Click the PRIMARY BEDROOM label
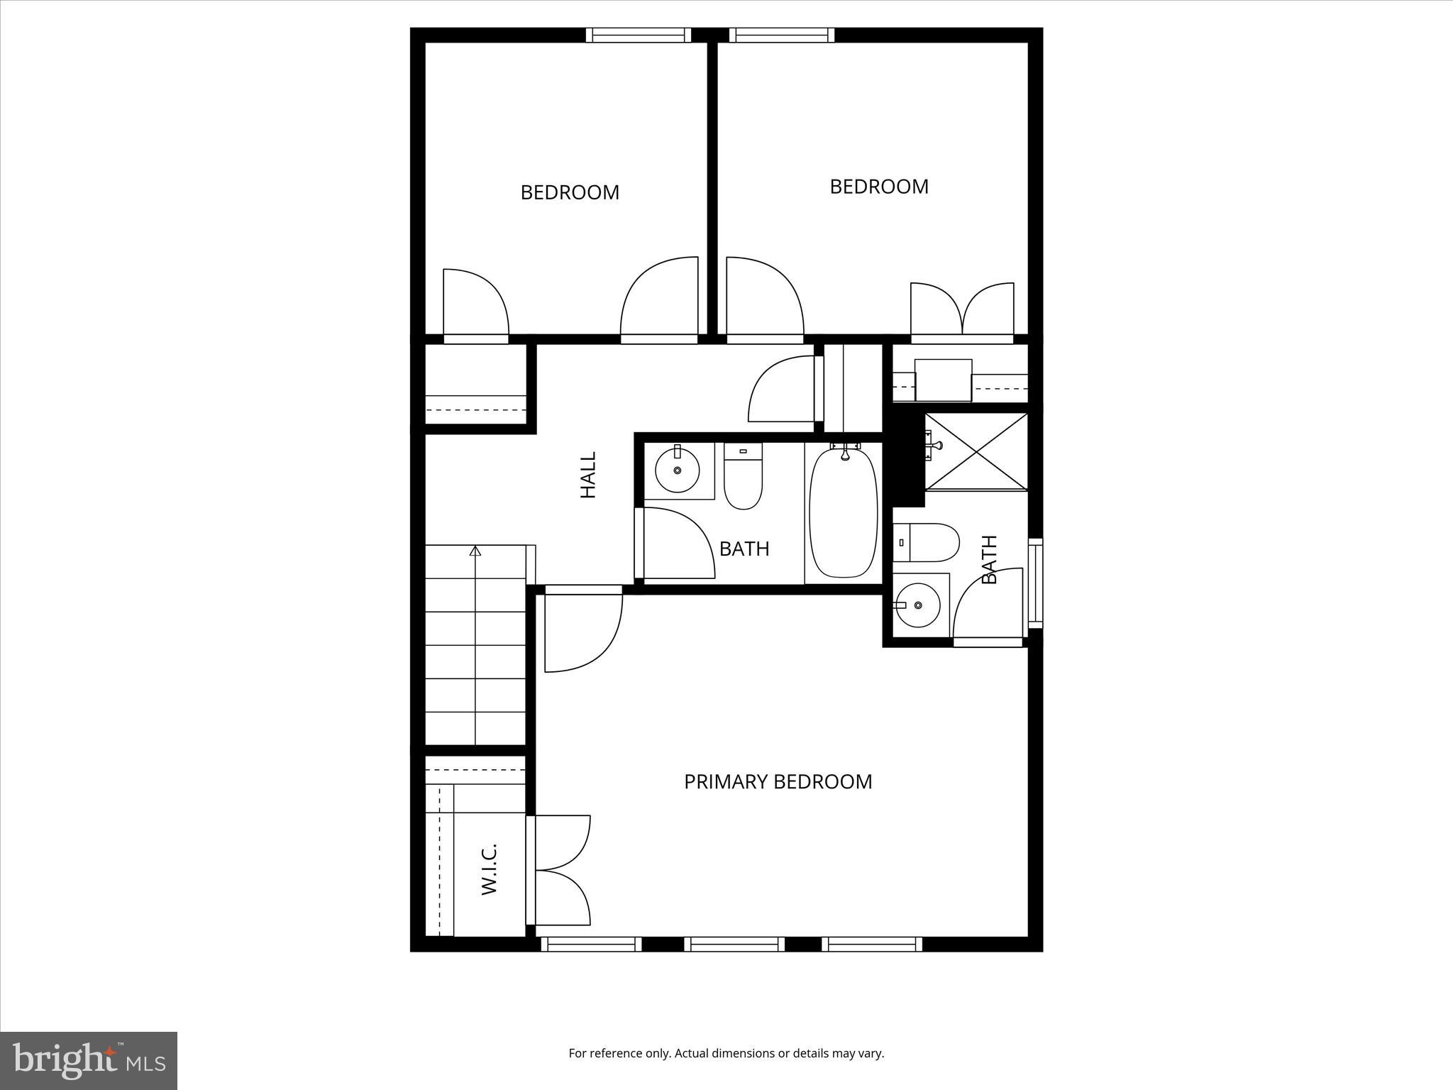click(778, 781)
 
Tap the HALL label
click(588, 475)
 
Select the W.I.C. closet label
click(490, 869)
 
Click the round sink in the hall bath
click(677, 470)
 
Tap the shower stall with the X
click(976, 451)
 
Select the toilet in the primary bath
click(925, 542)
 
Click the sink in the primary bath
click(917, 605)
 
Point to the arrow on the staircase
click(475, 551)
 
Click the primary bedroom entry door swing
click(582, 631)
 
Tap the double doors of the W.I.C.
click(561, 870)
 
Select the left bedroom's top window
click(639, 35)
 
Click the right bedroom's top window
click(781, 35)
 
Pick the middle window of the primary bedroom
click(734, 944)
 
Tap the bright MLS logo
click(89, 1060)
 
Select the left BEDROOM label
click(570, 192)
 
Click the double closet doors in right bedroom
click(962, 309)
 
